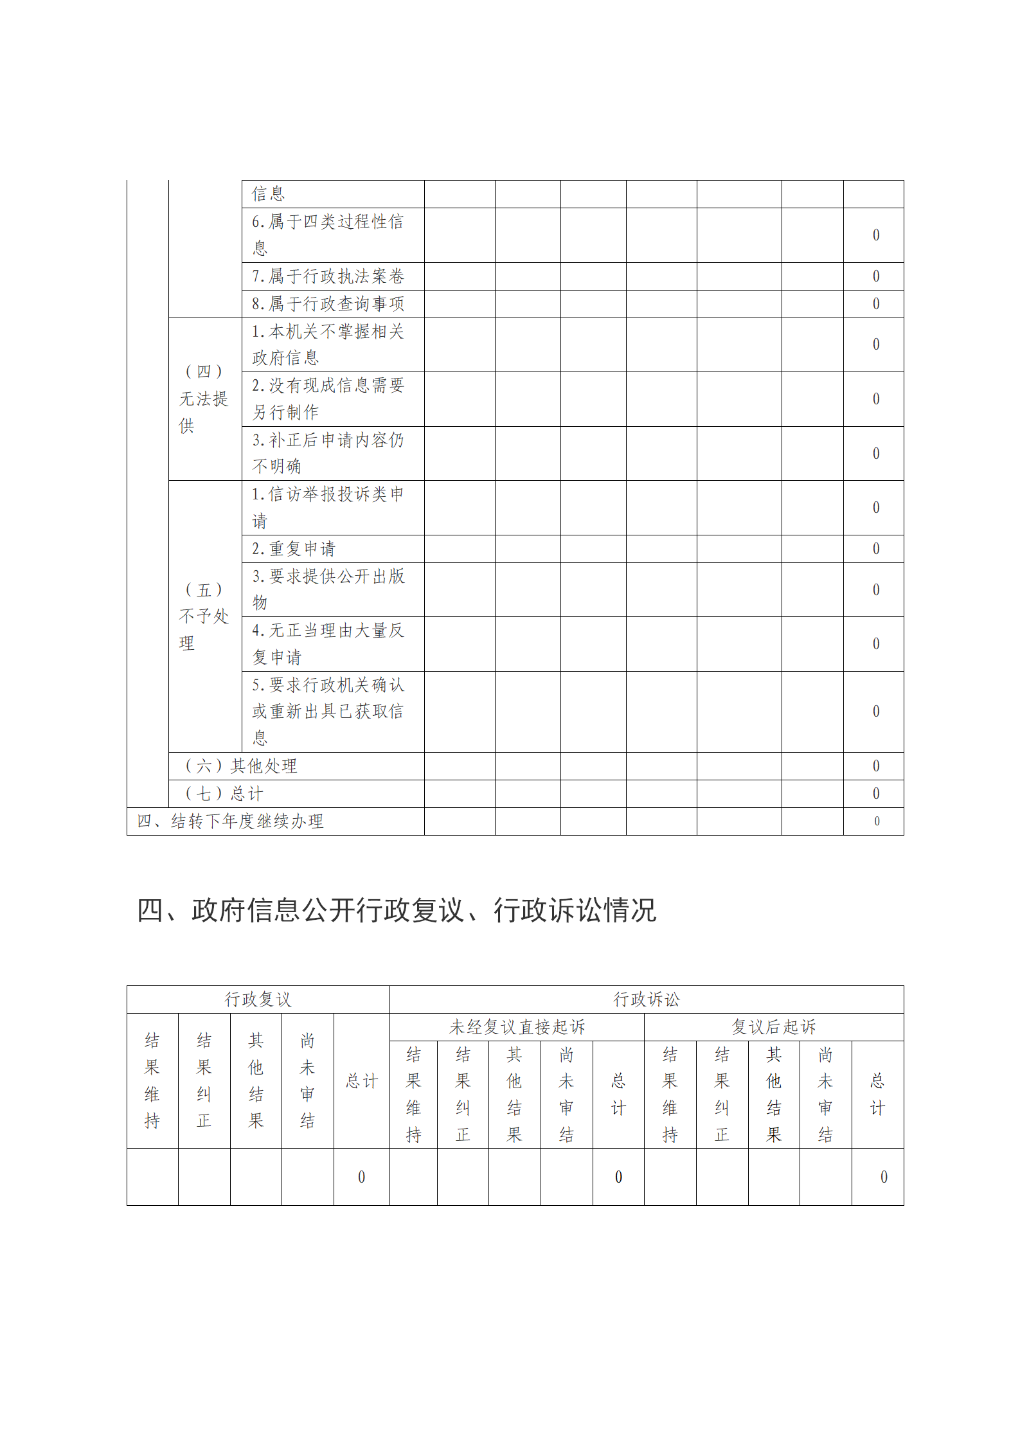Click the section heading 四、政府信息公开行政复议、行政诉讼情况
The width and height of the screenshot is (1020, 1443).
[397, 910]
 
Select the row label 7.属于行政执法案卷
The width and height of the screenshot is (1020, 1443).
[328, 276]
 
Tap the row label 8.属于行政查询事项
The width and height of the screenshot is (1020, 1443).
[328, 303]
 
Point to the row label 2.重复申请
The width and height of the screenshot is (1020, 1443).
[294, 549]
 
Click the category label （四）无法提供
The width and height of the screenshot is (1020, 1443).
[204, 399]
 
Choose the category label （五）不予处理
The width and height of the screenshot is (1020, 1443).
[204, 616]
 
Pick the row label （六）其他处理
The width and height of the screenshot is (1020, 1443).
[241, 766]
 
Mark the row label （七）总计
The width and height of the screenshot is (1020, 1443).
[224, 794]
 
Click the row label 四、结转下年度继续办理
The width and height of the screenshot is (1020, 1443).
[230, 821]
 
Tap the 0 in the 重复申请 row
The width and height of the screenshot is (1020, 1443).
[875, 549]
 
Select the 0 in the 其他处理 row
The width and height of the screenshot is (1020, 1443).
[875, 766]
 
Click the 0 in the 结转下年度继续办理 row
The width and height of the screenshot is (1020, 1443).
[876, 821]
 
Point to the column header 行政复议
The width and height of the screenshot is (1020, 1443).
[258, 999]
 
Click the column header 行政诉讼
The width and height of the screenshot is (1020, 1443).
[646, 999]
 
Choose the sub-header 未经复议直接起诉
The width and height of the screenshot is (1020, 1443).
[517, 1027]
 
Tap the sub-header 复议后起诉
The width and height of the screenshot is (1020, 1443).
[773, 1027]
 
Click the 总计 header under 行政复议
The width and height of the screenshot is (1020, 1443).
[361, 1081]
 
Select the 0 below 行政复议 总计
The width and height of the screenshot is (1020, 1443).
[361, 1177]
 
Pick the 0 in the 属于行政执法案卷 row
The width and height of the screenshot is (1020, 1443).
[875, 276]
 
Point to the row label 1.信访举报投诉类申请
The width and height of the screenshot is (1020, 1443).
[328, 507]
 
